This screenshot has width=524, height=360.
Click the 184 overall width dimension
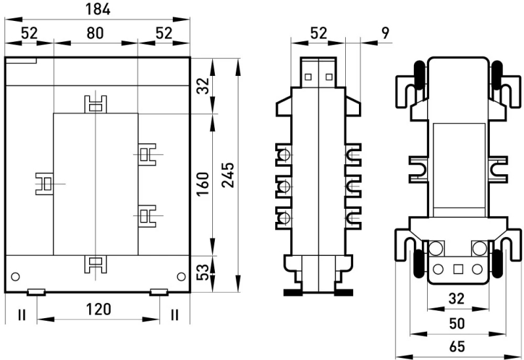tap(98, 9)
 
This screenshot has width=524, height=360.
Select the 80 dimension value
tap(95, 33)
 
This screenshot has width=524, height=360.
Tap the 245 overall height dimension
tap(229, 175)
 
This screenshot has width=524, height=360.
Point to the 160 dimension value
tap(203, 184)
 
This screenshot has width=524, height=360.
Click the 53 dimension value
tap(203, 272)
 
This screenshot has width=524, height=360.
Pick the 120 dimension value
tap(98, 309)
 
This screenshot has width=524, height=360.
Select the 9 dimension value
tap(385, 33)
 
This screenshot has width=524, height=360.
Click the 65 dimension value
tap(457, 346)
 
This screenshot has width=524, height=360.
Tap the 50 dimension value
tap(457, 323)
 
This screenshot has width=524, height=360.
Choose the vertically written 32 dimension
tap(203, 86)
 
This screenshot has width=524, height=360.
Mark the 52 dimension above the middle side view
tap(318, 33)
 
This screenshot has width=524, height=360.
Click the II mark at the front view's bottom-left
tap(22, 315)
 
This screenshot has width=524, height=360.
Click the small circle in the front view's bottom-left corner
tap(15, 276)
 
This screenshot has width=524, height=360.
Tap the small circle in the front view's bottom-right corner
tap(181, 276)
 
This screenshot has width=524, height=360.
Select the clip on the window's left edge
tap(45, 184)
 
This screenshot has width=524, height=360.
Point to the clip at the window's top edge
tap(96, 104)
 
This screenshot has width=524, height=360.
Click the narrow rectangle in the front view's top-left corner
tap(21, 60)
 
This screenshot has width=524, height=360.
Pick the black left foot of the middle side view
tap(293, 293)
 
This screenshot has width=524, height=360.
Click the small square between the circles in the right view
tap(458, 269)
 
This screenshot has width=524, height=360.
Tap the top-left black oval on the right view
tap(419, 75)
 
